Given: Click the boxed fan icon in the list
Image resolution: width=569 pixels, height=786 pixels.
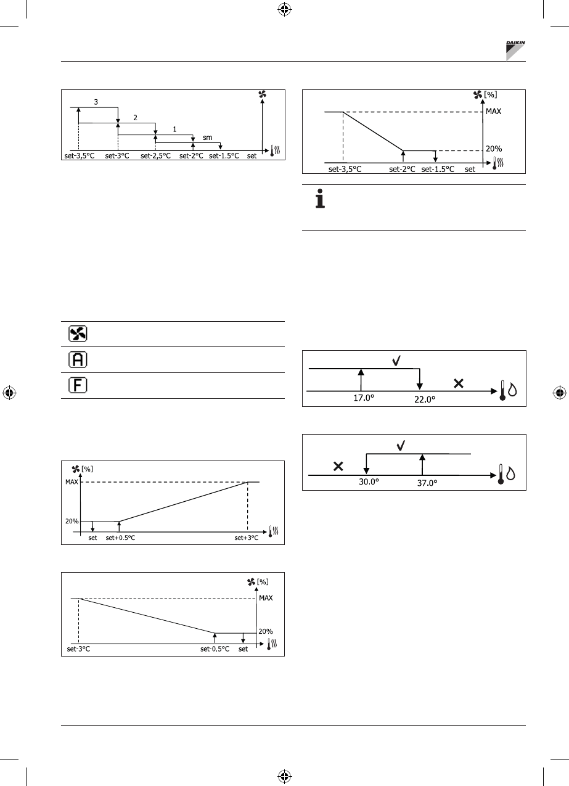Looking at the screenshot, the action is click(x=77, y=334).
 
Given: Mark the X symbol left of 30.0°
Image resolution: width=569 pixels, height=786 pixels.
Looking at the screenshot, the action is click(x=338, y=467).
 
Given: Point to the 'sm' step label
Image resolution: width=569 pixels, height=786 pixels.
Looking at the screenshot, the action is click(x=207, y=138).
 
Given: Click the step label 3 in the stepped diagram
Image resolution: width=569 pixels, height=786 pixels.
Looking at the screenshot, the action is click(x=96, y=102).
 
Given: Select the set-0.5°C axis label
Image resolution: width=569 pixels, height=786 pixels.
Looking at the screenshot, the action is click(x=215, y=649).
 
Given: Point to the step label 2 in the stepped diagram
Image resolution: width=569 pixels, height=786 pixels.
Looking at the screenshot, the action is click(x=135, y=116).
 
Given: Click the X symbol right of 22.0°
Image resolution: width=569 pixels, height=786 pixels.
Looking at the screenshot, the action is click(x=459, y=383).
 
